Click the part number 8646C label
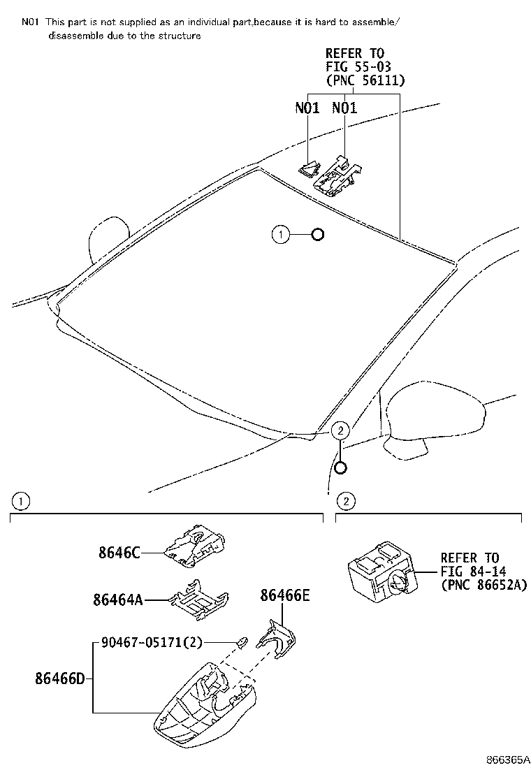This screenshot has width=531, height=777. pos(119,553)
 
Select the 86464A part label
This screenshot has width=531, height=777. pos(117,599)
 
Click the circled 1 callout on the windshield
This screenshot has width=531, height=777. pos(280,235)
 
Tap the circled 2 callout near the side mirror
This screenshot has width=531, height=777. pos(340,431)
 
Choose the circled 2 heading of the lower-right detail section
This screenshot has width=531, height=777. pos(345,501)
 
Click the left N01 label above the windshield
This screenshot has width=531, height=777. pos(307,108)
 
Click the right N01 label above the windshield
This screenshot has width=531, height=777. pos(344,108)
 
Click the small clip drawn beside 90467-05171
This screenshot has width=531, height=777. pos(242,641)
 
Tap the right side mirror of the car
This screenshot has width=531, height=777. pos(433,412)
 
